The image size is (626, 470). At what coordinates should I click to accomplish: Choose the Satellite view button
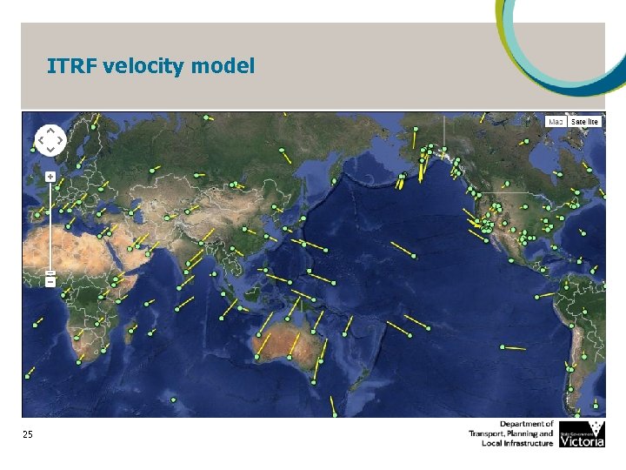tap(584, 122)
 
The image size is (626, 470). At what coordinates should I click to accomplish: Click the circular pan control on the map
tap(50, 139)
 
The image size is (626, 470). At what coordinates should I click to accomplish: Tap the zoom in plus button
tap(50, 177)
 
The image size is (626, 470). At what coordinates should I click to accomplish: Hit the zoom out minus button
tap(50, 281)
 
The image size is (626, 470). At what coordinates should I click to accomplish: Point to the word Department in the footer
tap(527, 424)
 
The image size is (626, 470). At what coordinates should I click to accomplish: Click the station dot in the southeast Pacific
tap(503, 346)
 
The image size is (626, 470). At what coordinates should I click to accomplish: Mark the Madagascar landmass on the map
tap(133, 335)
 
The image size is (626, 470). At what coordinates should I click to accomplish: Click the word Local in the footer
tap(493, 443)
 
